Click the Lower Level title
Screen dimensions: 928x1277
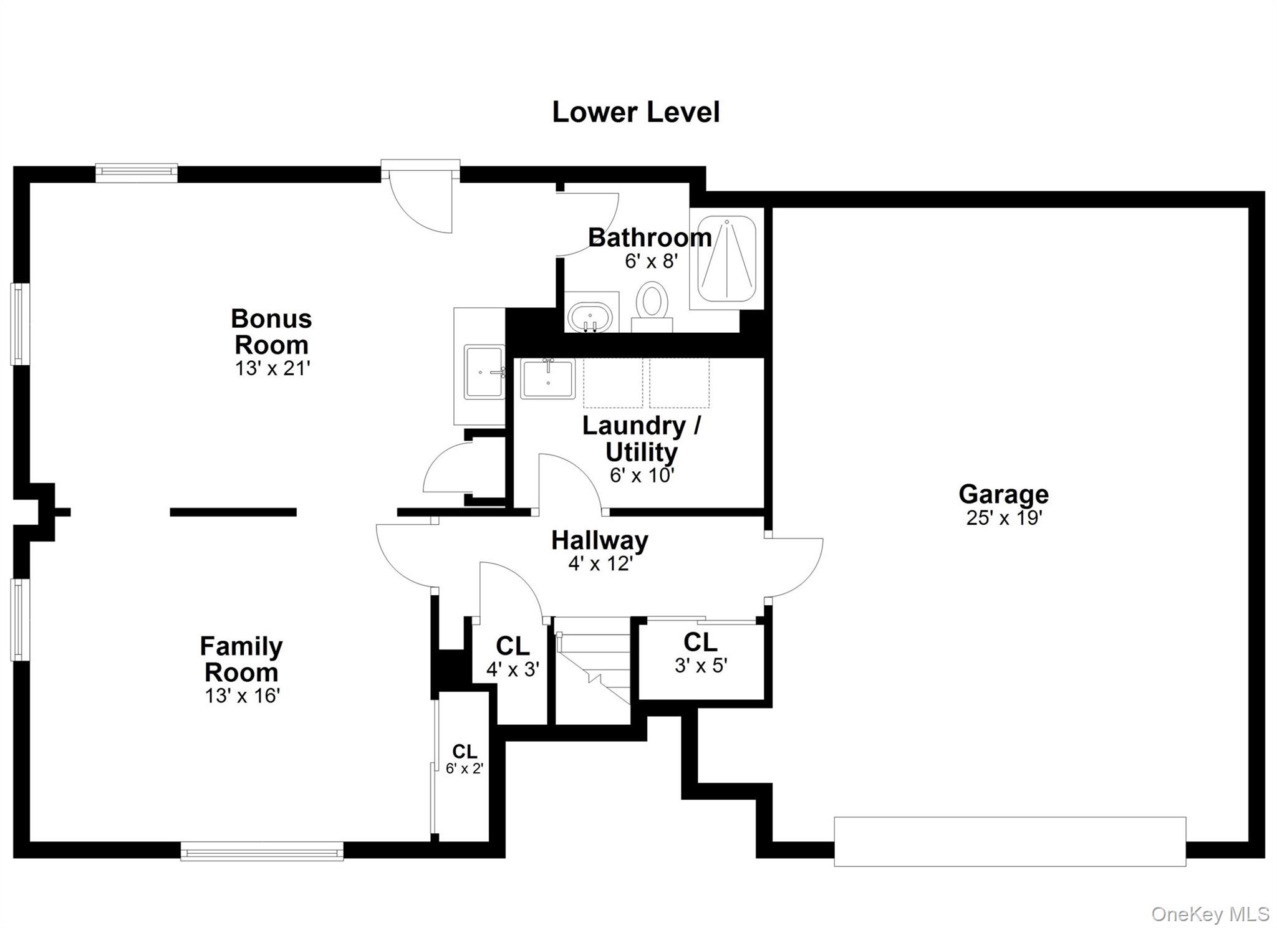click(635, 113)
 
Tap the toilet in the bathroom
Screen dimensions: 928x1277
click(652, 303)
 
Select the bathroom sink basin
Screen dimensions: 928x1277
click(589, 317)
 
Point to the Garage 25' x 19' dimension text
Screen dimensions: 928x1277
click(1004, 518)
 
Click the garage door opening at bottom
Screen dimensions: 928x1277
click(1010, 841)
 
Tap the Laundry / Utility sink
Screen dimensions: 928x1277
click(547, 379)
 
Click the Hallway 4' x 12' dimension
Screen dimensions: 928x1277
click(600, 564)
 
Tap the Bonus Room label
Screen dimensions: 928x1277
click(271, 332)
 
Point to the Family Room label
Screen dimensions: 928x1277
click(241, 659)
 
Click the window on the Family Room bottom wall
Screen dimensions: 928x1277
click(262, 851)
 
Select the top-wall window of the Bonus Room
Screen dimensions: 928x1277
click(136, 173)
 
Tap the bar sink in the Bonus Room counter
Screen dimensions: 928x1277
click(484, 371)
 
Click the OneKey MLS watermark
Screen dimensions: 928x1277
click(1210, 914)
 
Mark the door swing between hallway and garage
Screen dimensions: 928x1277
click(795, 567)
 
